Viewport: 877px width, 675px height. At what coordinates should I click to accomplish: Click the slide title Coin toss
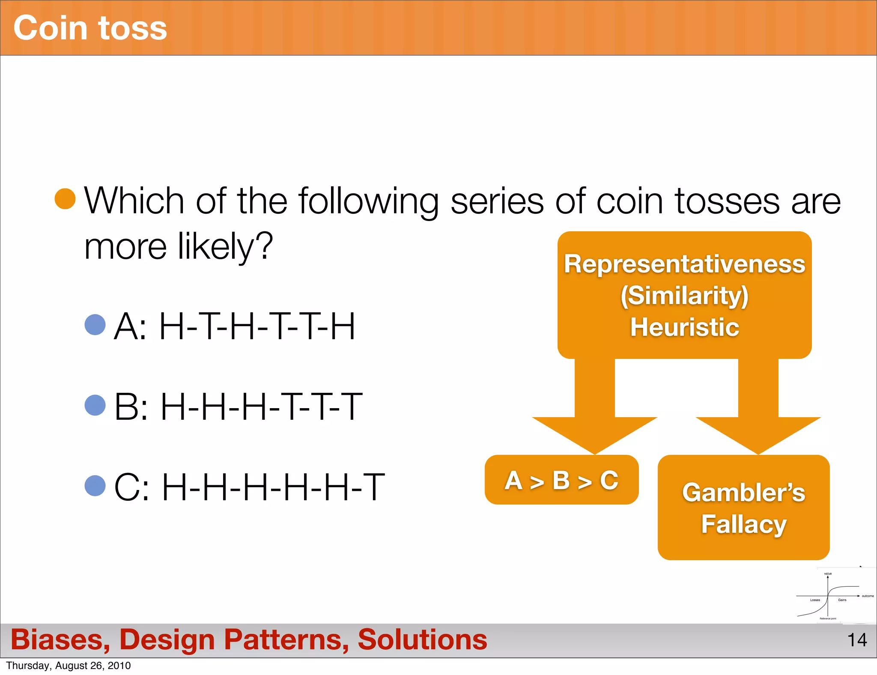click(90, 28)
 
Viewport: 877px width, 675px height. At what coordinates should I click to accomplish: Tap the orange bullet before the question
click(65, 199)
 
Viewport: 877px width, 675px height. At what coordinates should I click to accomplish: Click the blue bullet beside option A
click(95, 324)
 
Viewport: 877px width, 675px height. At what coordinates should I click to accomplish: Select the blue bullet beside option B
click(95, 405)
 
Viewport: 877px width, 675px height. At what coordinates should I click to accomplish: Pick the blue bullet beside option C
click(95, 486)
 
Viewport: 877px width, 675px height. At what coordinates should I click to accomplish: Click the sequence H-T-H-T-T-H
click(257, 326)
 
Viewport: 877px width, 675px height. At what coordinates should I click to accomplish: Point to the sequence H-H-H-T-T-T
click(261, 407)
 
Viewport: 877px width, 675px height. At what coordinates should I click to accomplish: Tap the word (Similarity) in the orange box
click(684, 296)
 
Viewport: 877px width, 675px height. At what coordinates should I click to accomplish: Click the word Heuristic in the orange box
click(684, 327)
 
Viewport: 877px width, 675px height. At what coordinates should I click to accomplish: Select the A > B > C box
click(561, 480)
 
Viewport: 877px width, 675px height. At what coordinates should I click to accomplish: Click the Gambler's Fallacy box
click(743, 508)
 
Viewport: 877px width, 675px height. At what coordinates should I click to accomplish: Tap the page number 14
click(857, 640)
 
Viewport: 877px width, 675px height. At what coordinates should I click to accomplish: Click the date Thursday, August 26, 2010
click(69, 666)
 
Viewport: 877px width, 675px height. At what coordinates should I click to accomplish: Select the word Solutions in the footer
click(422, 639)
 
